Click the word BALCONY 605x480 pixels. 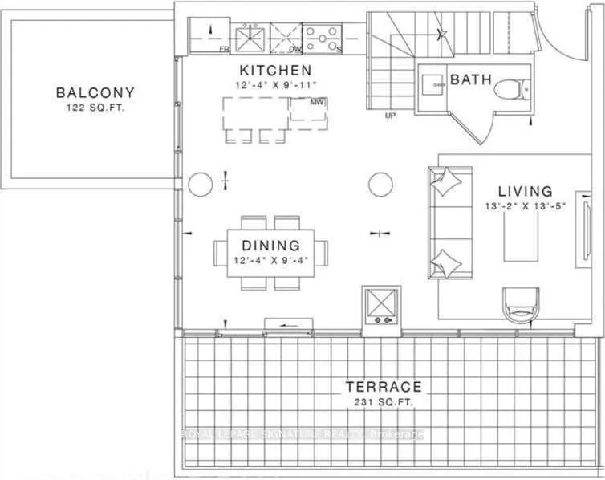[91, 92]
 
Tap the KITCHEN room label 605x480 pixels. [262, 70]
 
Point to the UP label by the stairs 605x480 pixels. [391, 116]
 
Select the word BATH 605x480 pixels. [465, 80]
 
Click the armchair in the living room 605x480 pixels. [519, 306]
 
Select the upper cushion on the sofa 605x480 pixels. [442, 182]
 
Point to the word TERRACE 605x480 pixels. [383, 386]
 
